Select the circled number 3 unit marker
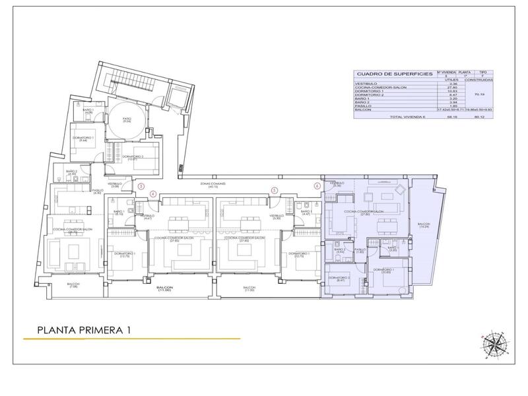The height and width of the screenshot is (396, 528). (141, 186)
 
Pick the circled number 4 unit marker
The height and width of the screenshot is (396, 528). (153, 193)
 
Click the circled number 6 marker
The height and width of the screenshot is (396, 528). (317, 186)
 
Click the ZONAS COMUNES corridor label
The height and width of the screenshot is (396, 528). (215, 185)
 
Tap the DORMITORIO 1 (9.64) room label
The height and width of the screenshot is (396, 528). (84, 139)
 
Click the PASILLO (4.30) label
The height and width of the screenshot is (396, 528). (96, 191)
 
